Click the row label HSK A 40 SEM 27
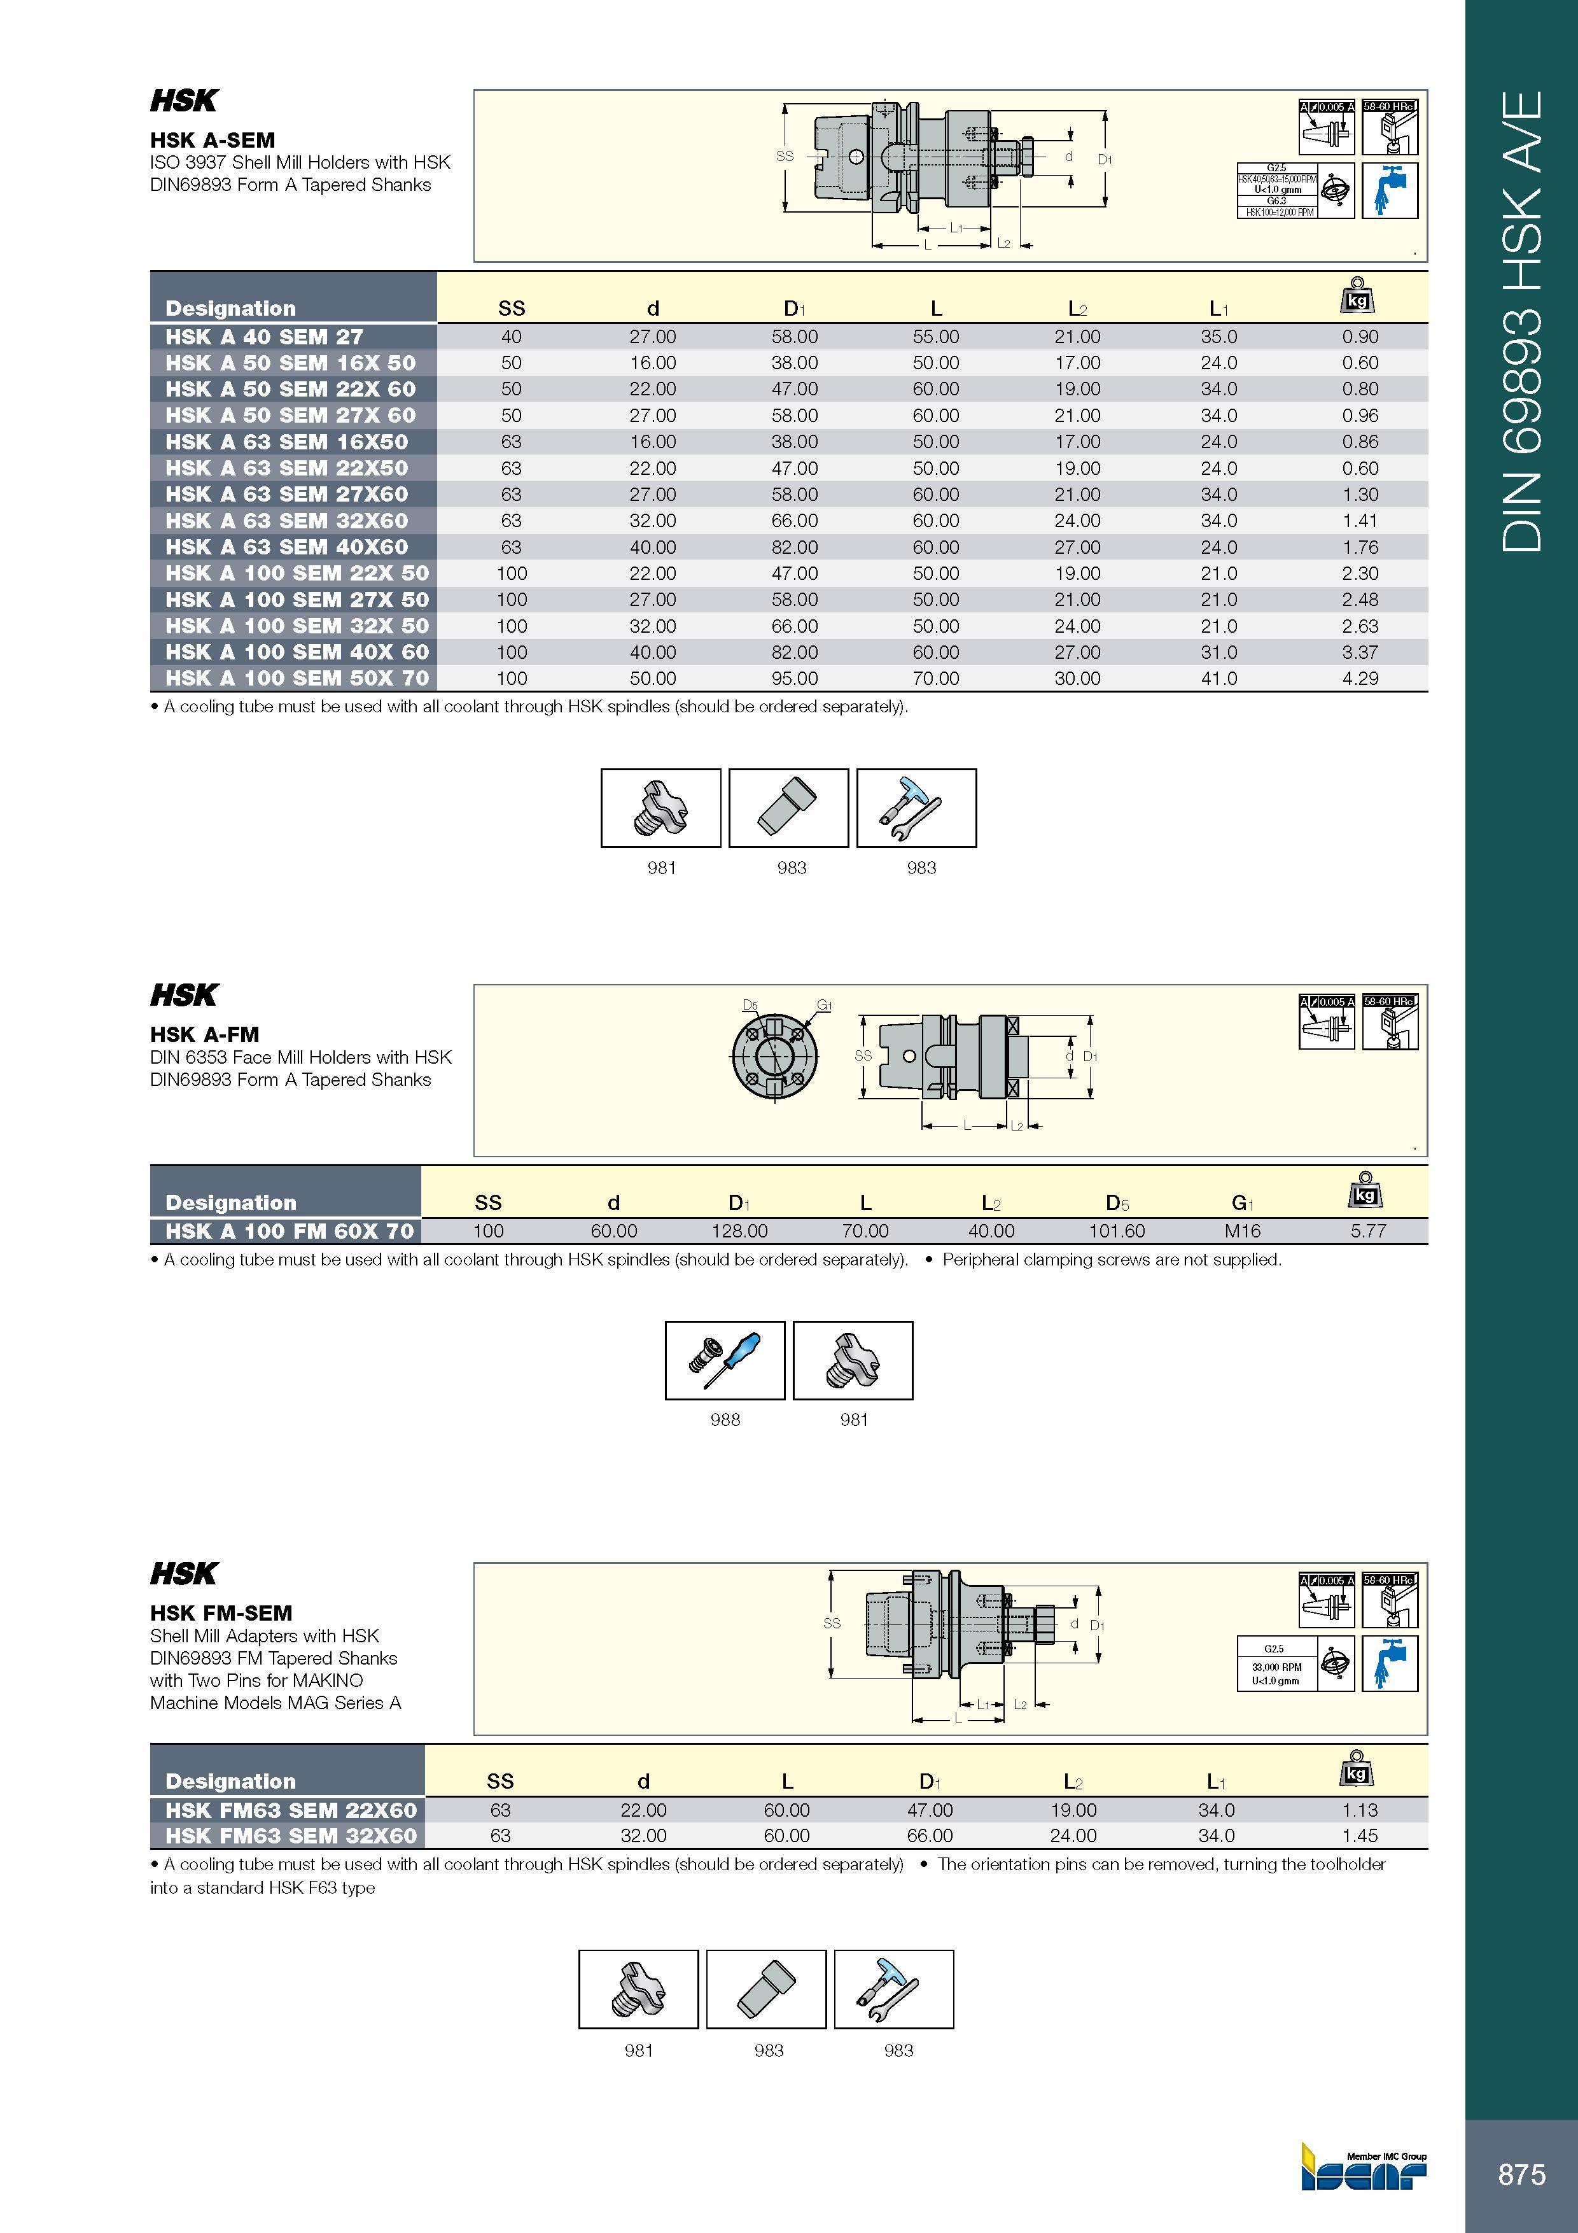point(263,337)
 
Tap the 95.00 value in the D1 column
point(794,678)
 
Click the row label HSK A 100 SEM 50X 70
point(297,678)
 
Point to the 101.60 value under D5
point(1116,1230)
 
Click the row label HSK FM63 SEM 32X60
point(291,1835)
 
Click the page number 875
point(1521,2174)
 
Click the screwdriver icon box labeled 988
point(724,1360)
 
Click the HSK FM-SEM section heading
point(221,1612)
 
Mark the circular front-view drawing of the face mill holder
point(774,1055)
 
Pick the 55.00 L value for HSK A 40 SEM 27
point(935,337)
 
